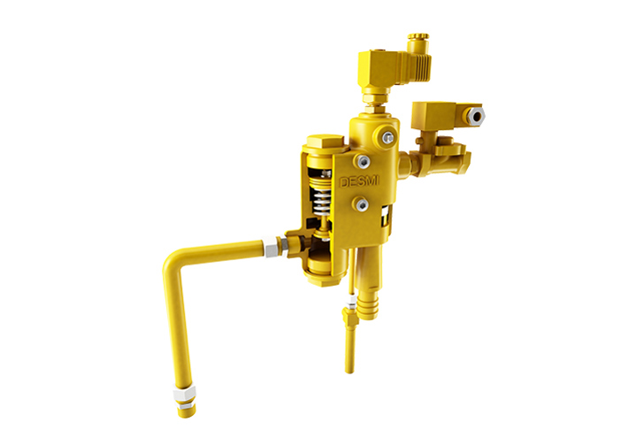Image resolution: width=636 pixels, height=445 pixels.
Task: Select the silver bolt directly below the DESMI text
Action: (x=362, y=205)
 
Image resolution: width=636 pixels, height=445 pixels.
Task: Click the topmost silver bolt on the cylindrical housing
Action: (x=388, y=136)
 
